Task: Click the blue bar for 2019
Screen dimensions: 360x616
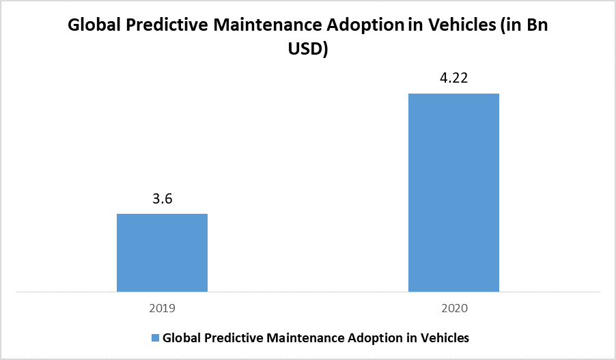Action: click(x=162, y=253)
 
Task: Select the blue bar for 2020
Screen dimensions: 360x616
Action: click(x=453, y=193)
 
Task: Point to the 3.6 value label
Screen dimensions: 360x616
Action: click(x=162, y=199)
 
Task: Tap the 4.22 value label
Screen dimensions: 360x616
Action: click(x=453, y=79)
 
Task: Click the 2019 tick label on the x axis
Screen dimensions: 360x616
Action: click(x=162, y=309)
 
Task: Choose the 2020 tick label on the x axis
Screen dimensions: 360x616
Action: click(x=453, y=309)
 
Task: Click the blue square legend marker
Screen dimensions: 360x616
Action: click(x=155, y=337)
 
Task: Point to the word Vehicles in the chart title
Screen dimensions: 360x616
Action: click(x=460, y=27)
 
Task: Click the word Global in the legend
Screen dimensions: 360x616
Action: click(x=181, y=337)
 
